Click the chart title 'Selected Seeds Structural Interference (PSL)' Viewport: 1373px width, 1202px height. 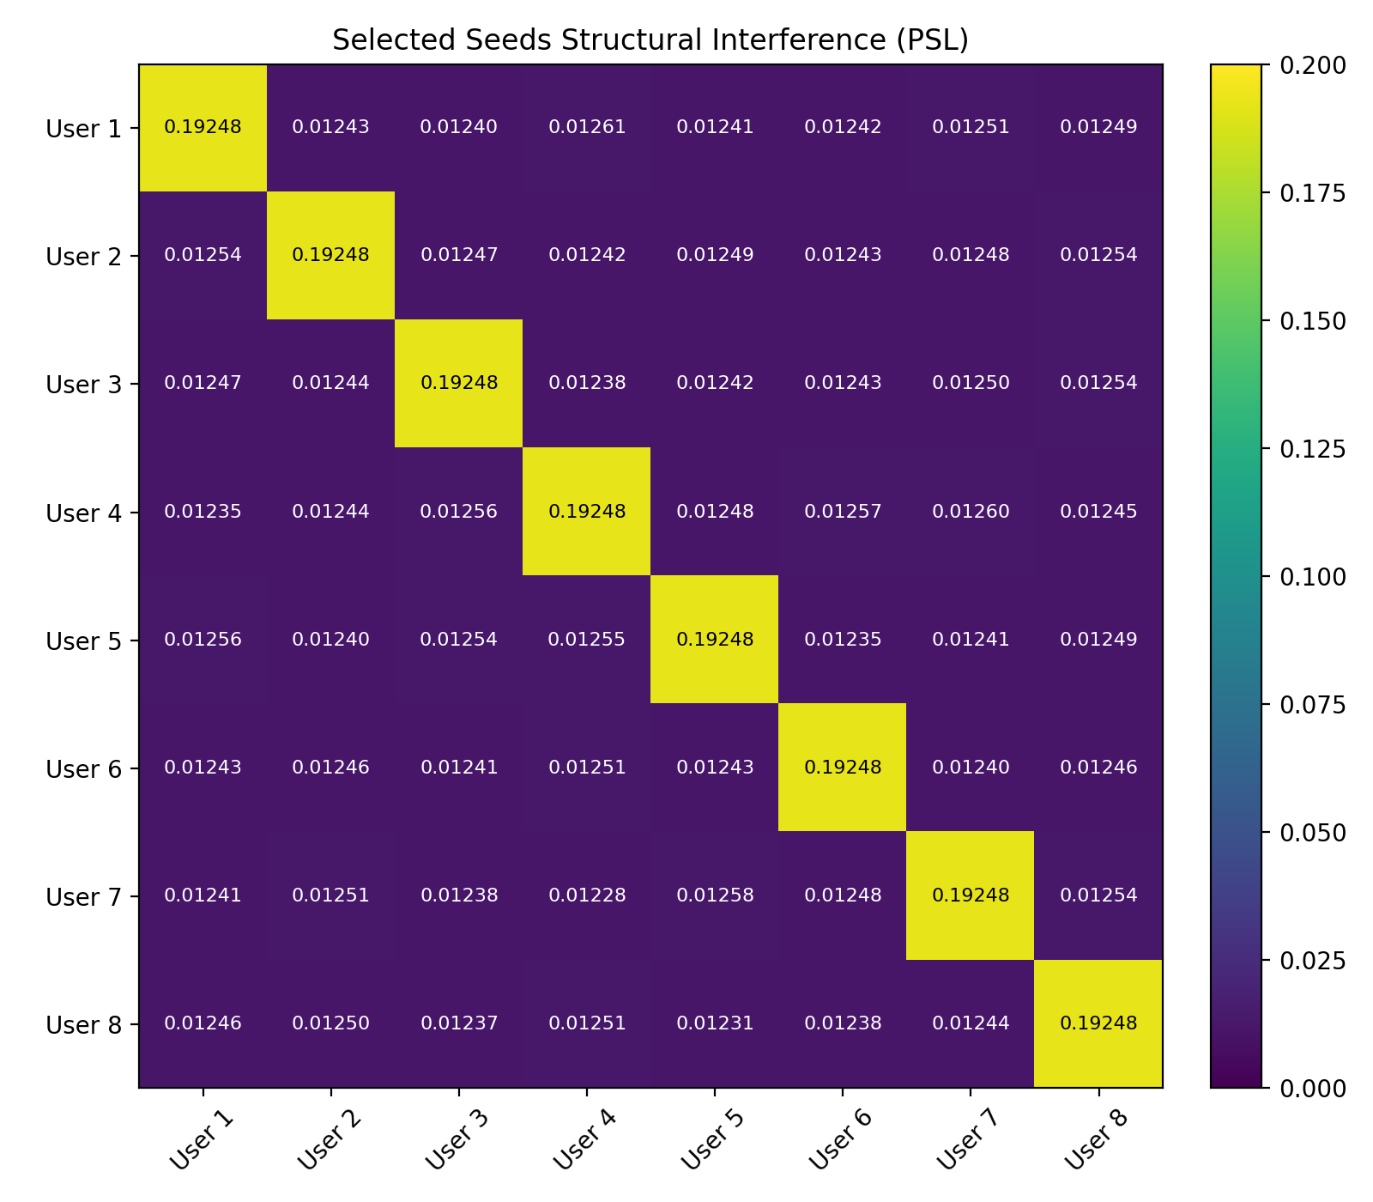point(650,40)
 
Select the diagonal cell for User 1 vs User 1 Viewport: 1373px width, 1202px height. point(203,128)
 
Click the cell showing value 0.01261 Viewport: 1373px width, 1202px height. point(586,128)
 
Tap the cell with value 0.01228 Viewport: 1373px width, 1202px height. point(586,895)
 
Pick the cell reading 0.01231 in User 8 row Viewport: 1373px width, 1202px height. point(714,1023)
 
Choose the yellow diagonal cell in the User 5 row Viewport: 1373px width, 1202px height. point(714,640)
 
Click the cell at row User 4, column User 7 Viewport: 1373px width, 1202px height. point(970,512)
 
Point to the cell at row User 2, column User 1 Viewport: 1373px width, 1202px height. point(203,256)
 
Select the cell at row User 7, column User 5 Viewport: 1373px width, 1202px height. point(714,895)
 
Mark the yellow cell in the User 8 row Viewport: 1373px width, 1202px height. point(1098,1023)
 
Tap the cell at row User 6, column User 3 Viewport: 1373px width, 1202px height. point(458,768)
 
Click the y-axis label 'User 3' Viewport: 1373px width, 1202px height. point(83,384)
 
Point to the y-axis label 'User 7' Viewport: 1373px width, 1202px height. point(83,896)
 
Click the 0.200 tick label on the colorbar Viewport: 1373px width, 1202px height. point(1312,65)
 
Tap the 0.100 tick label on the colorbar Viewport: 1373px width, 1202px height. point(1312,577)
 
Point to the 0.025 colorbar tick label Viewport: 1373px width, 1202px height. point(1312,961)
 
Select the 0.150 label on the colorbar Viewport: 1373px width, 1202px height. point(1312,321)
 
